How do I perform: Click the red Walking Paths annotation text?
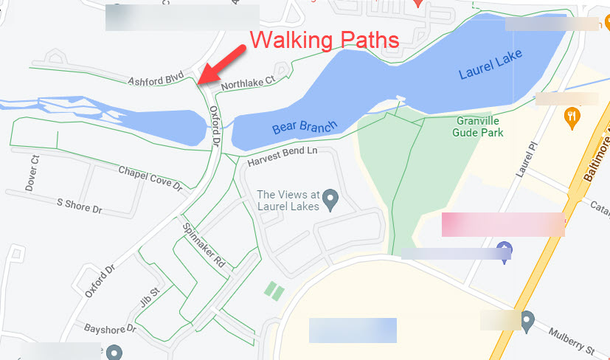[325, 39]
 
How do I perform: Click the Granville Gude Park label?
[479, 127]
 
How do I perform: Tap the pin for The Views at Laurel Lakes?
[331, 198]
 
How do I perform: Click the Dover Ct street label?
[32, 173]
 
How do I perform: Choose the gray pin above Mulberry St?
[526, 320]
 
